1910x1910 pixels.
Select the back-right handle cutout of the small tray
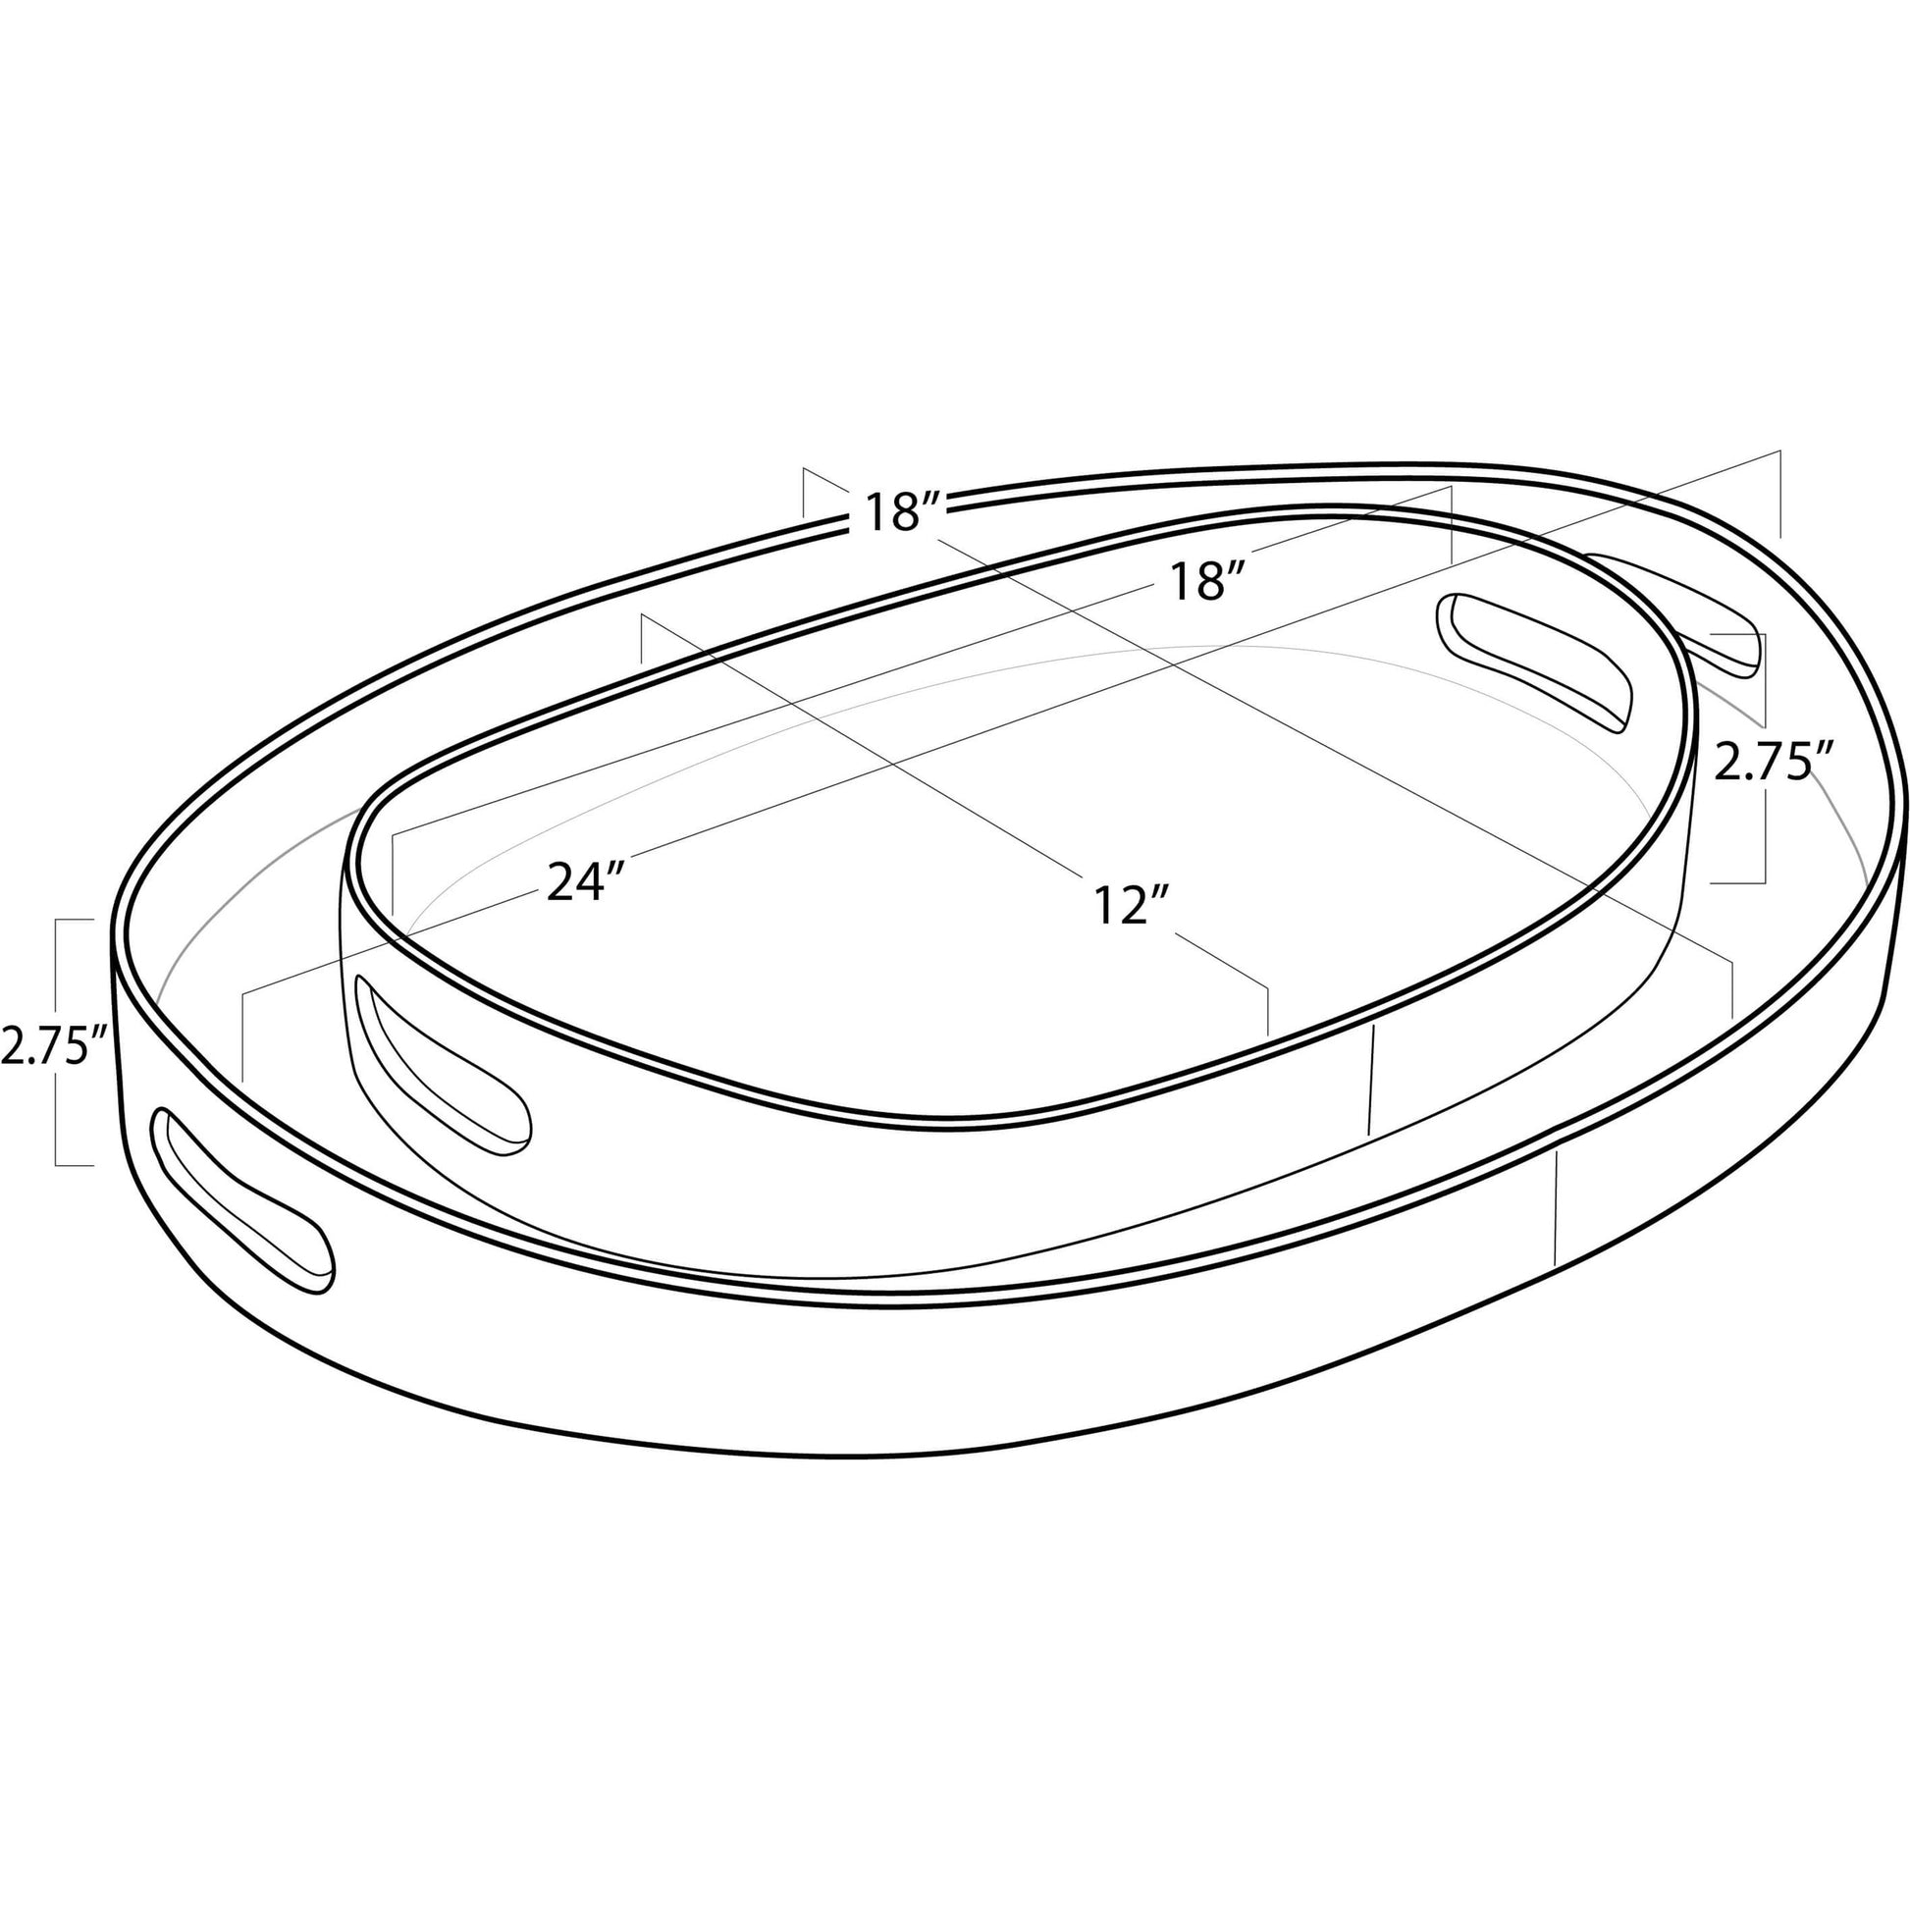click(1531, 663)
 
